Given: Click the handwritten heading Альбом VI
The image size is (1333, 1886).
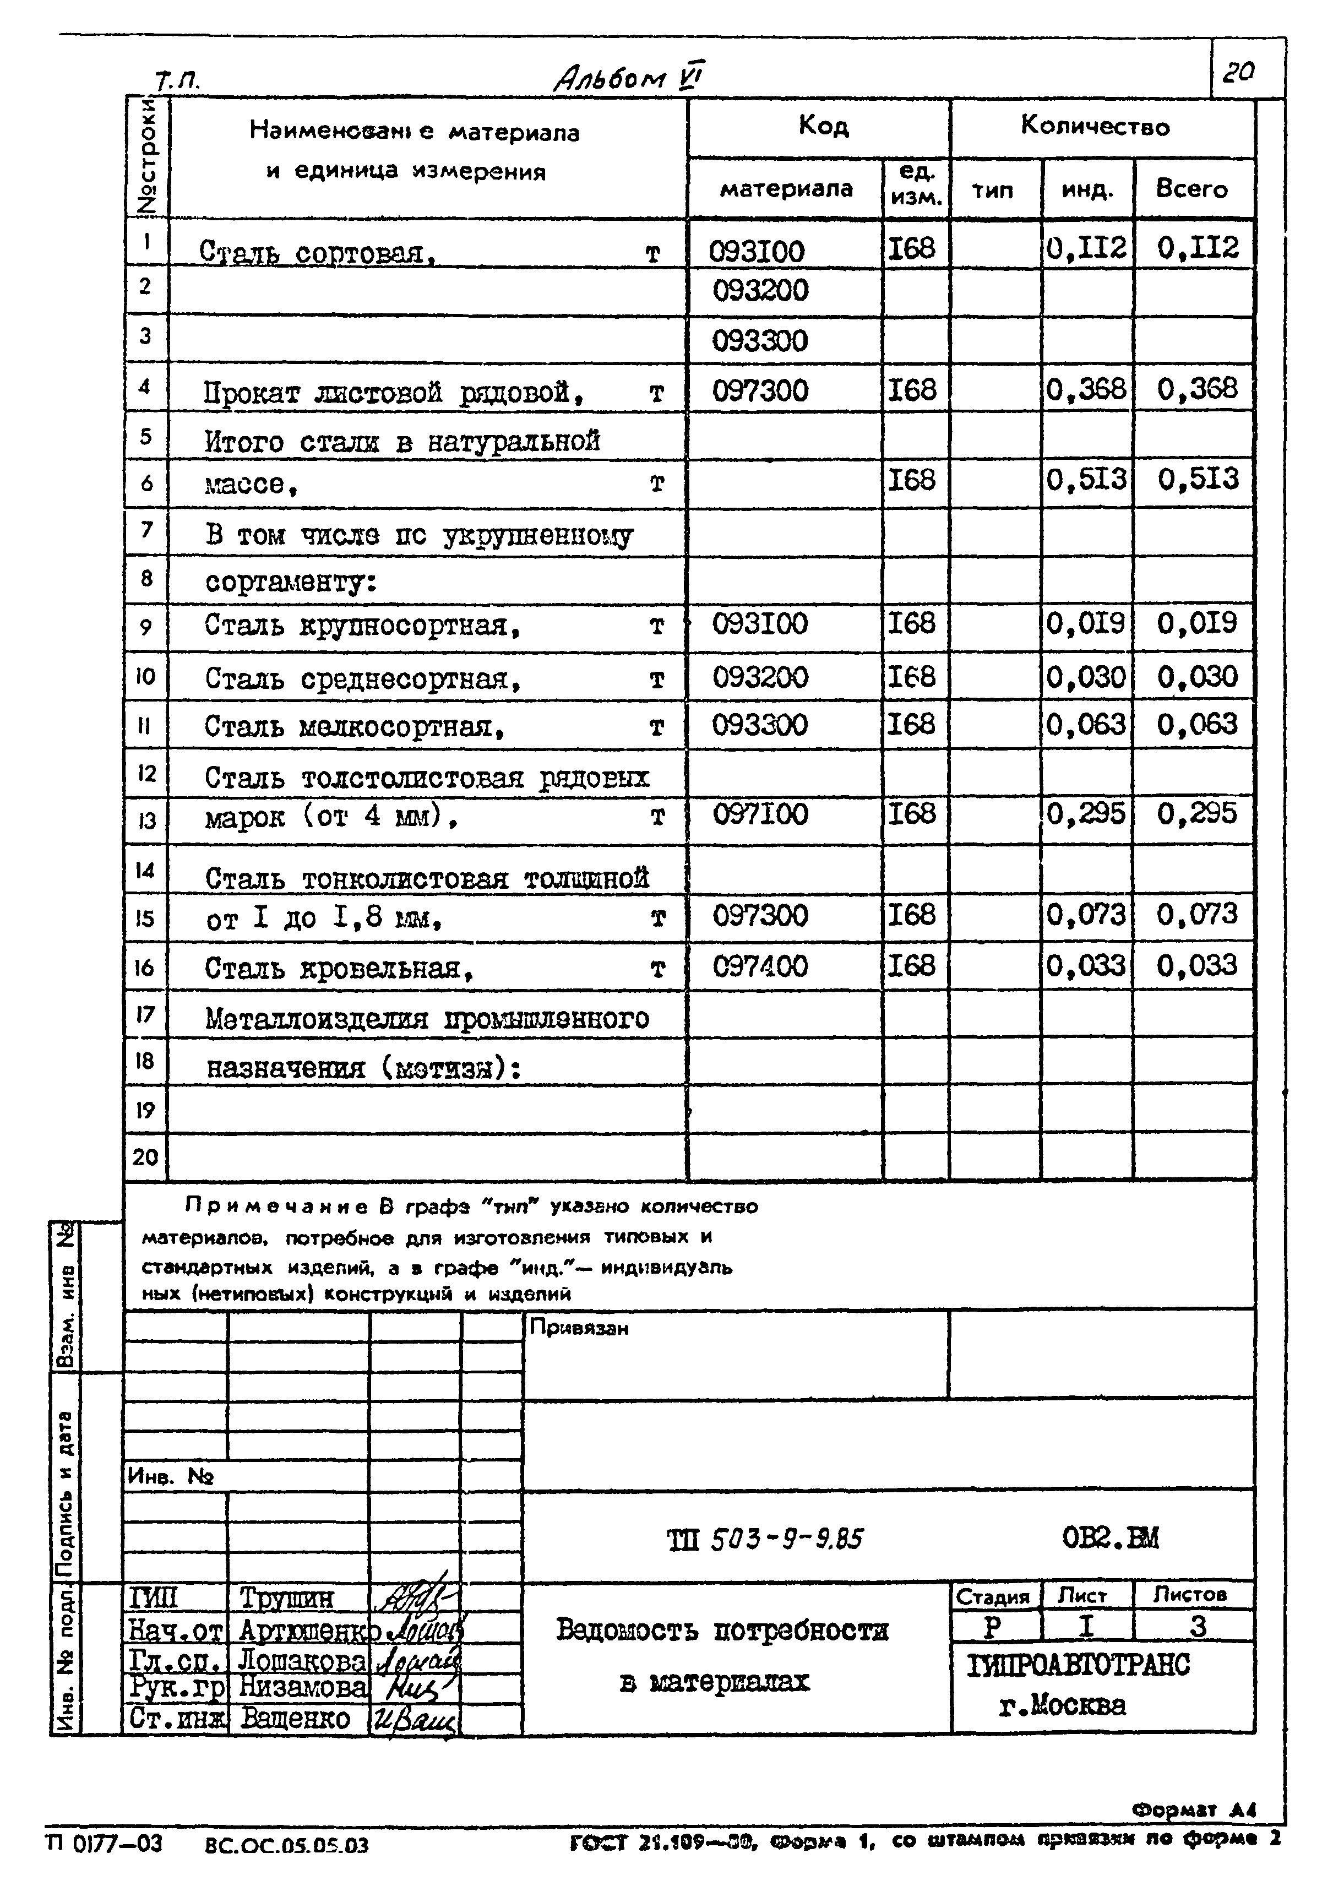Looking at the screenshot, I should pyautogui.click(x=628, y=78).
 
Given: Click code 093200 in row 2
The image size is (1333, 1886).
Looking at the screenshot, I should pyautogui.click(x=760, y=291).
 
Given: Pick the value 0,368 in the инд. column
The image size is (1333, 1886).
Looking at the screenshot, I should pyautogui.click(x=1086, y=389).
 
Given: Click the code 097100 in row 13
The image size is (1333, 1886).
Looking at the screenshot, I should pyautogui.click(x=760, y=814).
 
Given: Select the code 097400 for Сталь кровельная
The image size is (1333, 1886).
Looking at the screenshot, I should pyautogui.click(x=760, y=966).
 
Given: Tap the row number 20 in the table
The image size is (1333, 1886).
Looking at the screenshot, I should pyautogui.click(x=145, y=1156).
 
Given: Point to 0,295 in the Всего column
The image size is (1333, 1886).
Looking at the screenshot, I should pyautogui.click(x=1196, y=813).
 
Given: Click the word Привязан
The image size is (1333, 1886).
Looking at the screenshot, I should pyautogui.click(x=579, y=1328).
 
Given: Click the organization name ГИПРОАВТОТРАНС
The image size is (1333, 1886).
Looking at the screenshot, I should pyautogui.click(x=1079, y=1665).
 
